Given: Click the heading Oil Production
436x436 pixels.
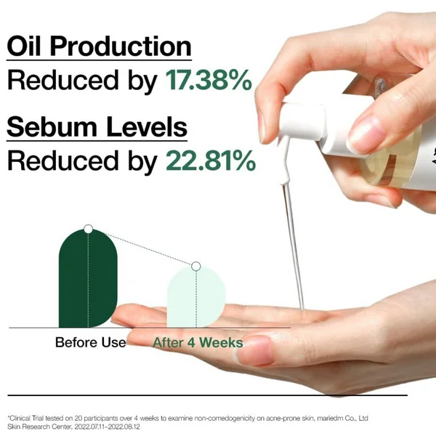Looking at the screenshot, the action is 99,47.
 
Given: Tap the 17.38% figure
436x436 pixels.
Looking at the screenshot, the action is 209,81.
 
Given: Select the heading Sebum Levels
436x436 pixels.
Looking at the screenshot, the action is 97,127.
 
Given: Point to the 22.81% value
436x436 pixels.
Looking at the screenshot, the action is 211,161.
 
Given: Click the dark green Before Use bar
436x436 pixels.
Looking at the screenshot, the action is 88,278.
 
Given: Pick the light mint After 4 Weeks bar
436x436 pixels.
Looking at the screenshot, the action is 196,296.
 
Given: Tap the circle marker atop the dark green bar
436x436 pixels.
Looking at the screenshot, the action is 88,229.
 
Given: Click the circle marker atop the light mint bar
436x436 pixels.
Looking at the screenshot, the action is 196,266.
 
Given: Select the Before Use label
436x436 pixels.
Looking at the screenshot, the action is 90,342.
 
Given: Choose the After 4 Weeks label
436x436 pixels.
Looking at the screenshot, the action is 198,342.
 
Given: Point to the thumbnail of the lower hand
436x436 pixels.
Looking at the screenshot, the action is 254,350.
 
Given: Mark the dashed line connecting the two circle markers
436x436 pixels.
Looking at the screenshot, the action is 142,248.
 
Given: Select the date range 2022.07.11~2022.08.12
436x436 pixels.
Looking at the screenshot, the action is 107,427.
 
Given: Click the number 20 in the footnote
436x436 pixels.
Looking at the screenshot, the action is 78,419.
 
